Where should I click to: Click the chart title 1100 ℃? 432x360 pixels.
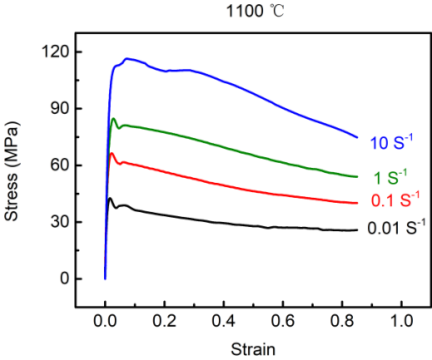(256, 12)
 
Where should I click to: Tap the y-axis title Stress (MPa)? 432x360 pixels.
(12, 171)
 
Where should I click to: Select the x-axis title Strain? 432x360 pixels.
(253, 349)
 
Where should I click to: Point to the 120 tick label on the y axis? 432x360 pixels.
(55, 52)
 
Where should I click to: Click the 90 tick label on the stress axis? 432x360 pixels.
(59, 109)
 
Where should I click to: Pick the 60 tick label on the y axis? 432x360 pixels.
(59, 165)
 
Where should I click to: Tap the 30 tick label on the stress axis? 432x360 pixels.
(59, 222)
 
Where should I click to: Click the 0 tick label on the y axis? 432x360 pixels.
(64, 279)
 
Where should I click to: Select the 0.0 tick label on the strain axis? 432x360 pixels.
(105, 321)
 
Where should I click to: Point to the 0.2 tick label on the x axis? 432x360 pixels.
(164, 321)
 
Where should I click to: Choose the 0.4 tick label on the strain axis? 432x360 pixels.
(224, 321)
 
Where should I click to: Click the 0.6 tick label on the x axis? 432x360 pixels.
(283, 321)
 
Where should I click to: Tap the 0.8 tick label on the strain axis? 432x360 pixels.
(342, 321)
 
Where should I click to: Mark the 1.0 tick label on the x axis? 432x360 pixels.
(402, 321)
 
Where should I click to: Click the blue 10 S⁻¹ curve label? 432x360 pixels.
(392, 142)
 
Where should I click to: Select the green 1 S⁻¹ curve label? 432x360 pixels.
(390, 177)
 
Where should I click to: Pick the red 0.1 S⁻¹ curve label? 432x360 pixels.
(395, 199)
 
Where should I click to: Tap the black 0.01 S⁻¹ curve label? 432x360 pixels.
(396, 228)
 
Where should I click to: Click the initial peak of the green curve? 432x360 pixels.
(113, 119)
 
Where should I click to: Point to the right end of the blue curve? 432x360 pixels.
(357, 137)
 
